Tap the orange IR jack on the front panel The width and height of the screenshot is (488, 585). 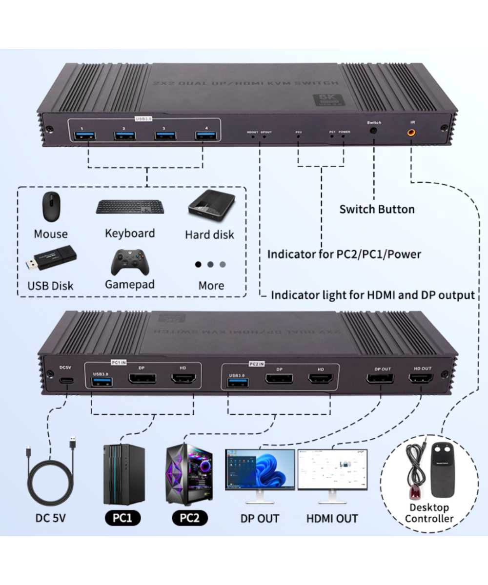tap(411, 131)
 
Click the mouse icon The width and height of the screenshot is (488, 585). tap(50, 207)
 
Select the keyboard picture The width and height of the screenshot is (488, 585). tap(130, 207)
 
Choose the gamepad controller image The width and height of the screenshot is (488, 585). tap(129, 262)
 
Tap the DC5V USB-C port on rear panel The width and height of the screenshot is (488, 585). tap(65, 381)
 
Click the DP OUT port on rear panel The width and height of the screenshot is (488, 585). tap(380, 378)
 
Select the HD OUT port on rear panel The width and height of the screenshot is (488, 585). tap(422, 378)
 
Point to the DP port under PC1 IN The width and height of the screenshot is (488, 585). tap(142, 379)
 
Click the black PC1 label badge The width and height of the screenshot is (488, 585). tap(123, 518)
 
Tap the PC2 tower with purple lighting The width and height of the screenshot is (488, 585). tap(189, 475)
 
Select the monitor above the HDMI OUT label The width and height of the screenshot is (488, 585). tap(332, 470)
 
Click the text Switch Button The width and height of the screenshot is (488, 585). tap(377, 209)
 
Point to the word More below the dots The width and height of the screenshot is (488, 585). tap(211, 286)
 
